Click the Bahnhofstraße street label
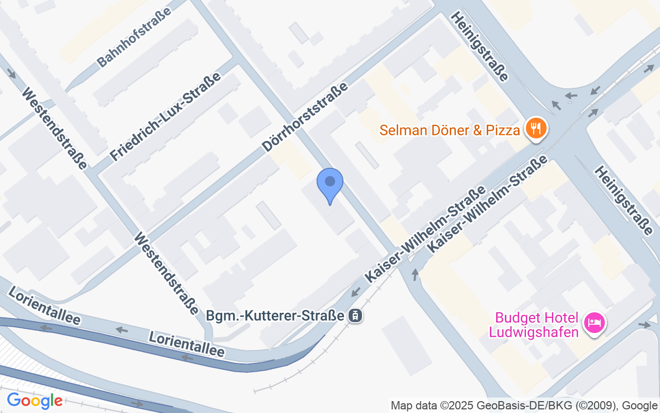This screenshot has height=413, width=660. point(135,41)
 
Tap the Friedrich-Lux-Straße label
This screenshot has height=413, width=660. point(166,117)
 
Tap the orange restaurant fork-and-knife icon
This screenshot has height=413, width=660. point(536,128)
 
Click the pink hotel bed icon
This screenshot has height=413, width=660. point(594,324)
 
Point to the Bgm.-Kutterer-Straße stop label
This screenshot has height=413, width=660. point(275,315)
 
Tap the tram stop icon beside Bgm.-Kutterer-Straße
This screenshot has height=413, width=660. point(355,315)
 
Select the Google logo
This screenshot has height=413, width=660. point(35,401)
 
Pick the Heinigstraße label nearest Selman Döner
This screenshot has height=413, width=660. point(480,46)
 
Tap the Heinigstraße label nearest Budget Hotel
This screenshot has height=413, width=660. point(623,201)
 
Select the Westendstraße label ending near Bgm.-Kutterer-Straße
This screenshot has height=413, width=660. point(166,273)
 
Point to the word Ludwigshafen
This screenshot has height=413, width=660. point(533,331)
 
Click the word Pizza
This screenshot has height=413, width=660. point(502,130)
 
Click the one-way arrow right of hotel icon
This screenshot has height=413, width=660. point(645,324)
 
